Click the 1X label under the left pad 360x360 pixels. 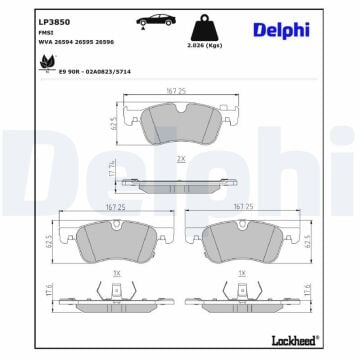click(116, 272)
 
